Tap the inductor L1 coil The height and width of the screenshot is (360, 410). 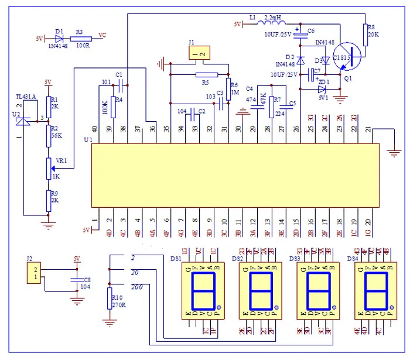click(273, 24)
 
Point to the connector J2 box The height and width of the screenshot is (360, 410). click(35, 273)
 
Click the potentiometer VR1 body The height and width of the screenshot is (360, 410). click(49, 168)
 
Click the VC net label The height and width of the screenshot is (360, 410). click(103, 36)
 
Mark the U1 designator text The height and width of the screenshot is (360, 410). click(88, 140)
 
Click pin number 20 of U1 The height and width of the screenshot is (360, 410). click(368, 221)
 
